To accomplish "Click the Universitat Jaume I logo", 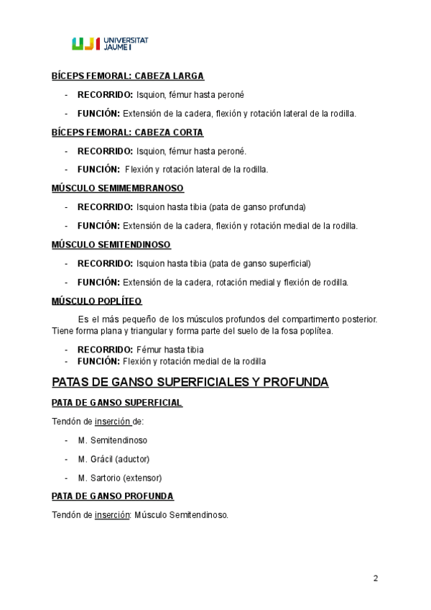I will coord(111,44).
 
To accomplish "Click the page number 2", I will coord(376,578).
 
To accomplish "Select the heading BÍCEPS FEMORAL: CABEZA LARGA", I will coord(128,76).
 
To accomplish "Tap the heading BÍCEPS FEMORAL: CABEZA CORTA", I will coord(127,132).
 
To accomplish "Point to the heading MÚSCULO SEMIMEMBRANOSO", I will coord(118,188).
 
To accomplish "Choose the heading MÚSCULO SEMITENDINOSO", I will coord(111,245).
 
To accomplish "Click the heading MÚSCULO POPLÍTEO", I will coord(96,301).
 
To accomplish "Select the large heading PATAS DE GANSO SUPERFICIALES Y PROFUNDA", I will coord(190,382).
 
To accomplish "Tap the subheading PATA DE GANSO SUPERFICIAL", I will coord(116,403).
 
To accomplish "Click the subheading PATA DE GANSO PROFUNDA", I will coord(112,496).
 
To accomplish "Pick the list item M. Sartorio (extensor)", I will coord(120,478).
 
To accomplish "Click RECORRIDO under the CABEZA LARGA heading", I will coord(105,94).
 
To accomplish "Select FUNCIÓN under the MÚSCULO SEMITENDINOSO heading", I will coord(99,282).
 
